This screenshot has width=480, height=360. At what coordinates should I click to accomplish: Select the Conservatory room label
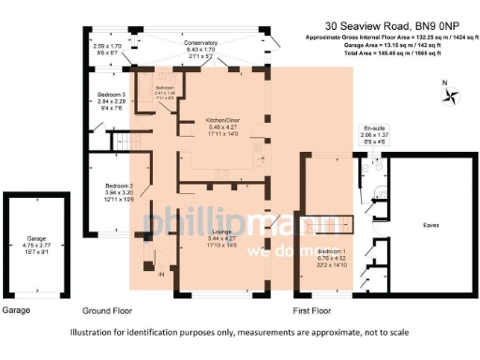tap(201, 43)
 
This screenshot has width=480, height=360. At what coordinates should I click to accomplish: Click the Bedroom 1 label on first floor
tap(333, 252)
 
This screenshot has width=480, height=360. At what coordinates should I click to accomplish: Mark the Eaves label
tap(431, 225)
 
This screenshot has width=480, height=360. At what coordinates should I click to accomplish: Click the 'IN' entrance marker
tap(160, 274)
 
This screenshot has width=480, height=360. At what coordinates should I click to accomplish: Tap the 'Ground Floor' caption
tap(107, 309)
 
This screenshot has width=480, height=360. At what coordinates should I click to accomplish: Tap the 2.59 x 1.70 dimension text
tap(108, 45)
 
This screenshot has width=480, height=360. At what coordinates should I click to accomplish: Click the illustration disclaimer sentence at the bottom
tap(239, 333)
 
